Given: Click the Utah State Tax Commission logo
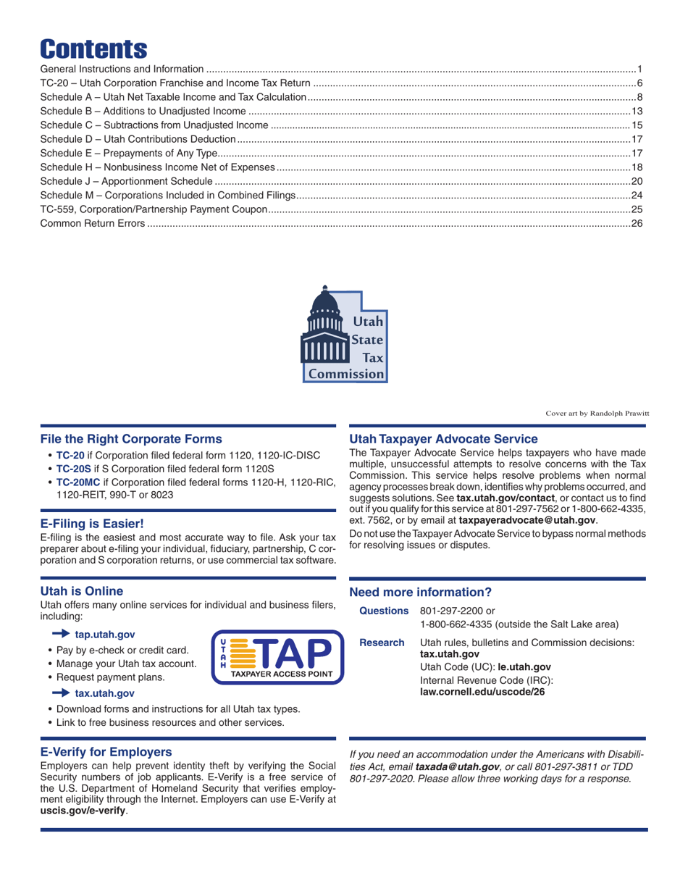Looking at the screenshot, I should [x=345, y=334].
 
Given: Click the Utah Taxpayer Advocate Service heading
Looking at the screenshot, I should [x=443, y=438].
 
